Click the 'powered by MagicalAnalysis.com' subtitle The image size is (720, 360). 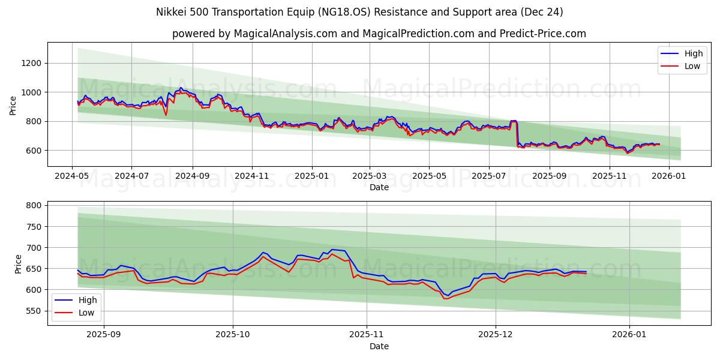pos(379,34)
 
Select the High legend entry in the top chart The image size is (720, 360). pos(692,53)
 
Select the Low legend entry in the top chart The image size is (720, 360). pos(692,66)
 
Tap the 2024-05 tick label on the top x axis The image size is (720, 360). pos(72,176)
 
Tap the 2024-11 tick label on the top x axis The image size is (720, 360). pos(251,176)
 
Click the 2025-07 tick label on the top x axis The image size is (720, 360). pos(488,176)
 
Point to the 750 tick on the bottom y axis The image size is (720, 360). pos(34,227)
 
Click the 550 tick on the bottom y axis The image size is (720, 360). pos(34,311)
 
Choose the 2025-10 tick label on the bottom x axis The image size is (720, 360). pos(233,335)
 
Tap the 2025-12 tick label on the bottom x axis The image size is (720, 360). pos(495,335)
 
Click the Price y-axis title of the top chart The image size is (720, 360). pos(13,106)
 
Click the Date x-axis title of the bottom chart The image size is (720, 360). pos(379,346)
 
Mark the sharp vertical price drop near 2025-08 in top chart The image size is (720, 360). pos(517,133)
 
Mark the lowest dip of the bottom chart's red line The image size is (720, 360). pos(446,298)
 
